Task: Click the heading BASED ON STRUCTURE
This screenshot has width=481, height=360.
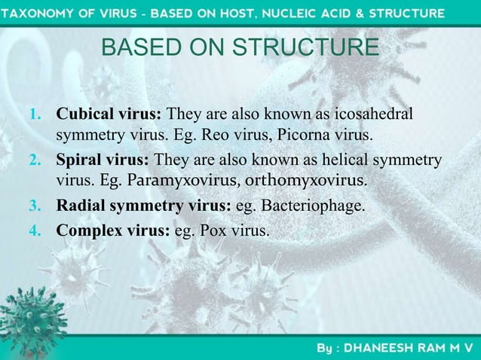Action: pyautogui.click(x=240, y=49)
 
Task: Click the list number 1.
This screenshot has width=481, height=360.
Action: pyautogui.click(x=33, y=116)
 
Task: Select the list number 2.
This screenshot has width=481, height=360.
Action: pyautogui.click(x=33, y=160)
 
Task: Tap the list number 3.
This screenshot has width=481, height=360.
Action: pyautogui.click(x=33, y=206)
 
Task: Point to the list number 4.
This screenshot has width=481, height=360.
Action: pyautogui.click(x=33, y=229)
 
